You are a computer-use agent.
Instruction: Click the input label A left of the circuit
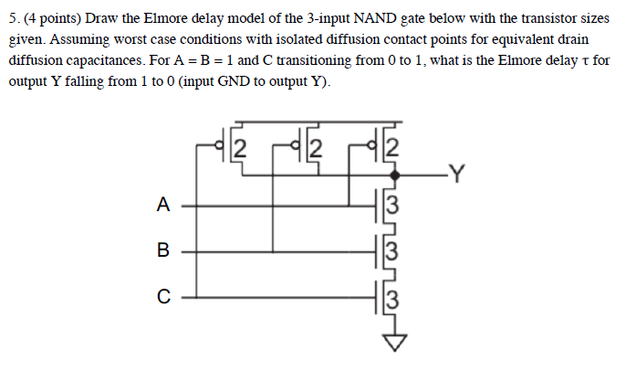pyautogui.click(x=162, y=206)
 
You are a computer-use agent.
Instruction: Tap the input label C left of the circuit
pyautogui.click(x=162, y=295)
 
